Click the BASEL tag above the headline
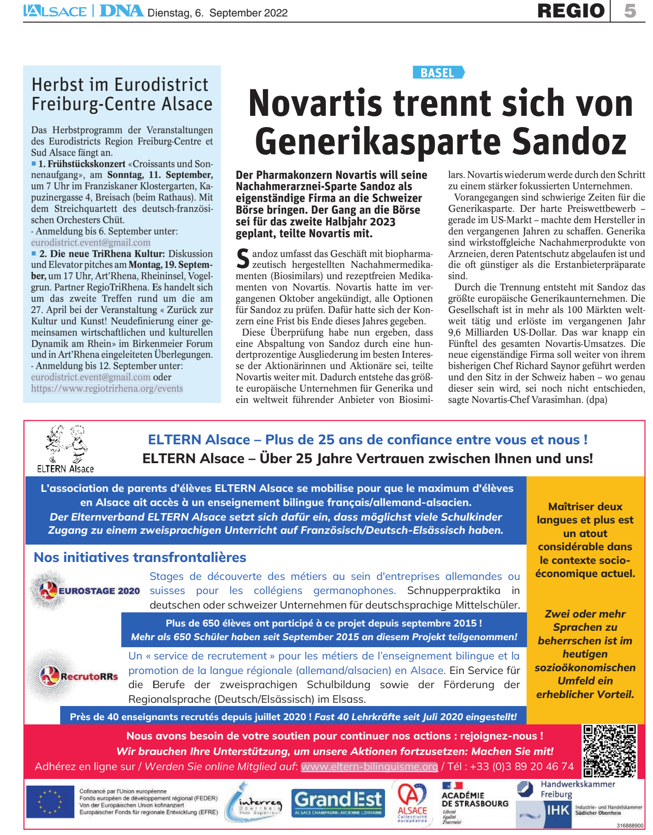pos(438,72)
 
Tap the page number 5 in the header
pos(630,11)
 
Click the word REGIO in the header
pos(571,11)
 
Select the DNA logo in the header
pos(121,11)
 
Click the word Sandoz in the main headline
pos(569,141)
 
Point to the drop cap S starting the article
pos(243,259)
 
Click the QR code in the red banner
pos(609,750)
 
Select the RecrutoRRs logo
pos(75,676)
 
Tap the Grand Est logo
pos(338,803)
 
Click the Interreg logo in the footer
pos(254,803)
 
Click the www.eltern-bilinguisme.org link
pos(369,767)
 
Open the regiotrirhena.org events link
pos(107,388)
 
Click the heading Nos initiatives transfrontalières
pos(140,557)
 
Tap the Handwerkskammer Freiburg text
pos(577,789)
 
